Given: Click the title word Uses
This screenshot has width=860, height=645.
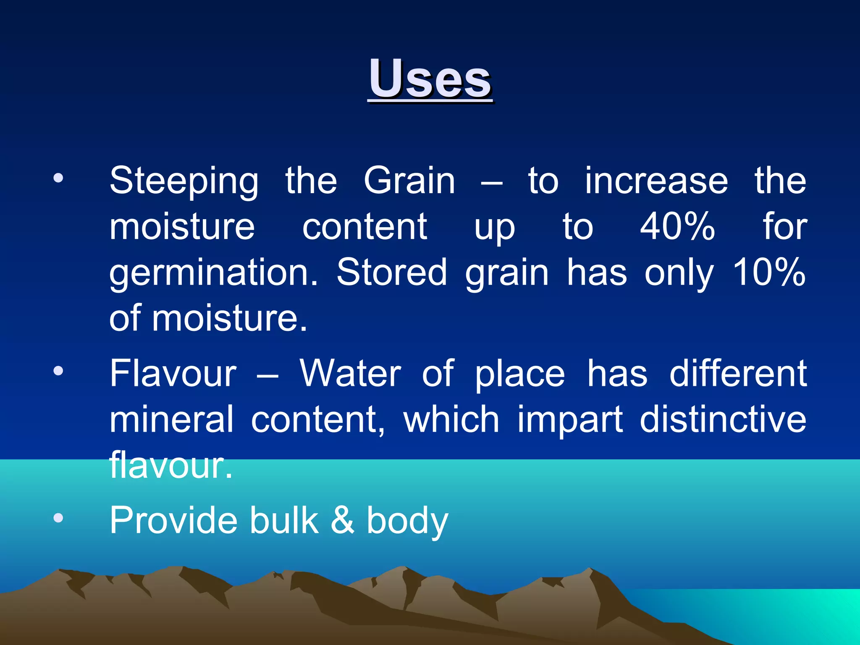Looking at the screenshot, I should pyautogui.click(x=430, y=79).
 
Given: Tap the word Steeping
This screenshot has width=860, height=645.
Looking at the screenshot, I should pyautogui.click(x=184, y=181).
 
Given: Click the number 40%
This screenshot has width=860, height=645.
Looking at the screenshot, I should pyautogui.click(x=677, y=227).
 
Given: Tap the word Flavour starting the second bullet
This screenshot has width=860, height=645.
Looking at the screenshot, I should pyautogui.click(x=173, y=373).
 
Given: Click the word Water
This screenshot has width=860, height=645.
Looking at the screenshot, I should pyautogui.click(x=350, y=373).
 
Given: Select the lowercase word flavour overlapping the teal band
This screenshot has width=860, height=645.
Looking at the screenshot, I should pyautogui.click(x=170, y=465).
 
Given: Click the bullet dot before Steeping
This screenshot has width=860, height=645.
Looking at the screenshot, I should pyautogui.click(x=58, y=178).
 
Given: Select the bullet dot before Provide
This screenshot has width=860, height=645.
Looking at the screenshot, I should pyautogui.click(x=58, y=518).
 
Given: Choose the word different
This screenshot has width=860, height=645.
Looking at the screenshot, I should pyautogui.click(x=738, y=373).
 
